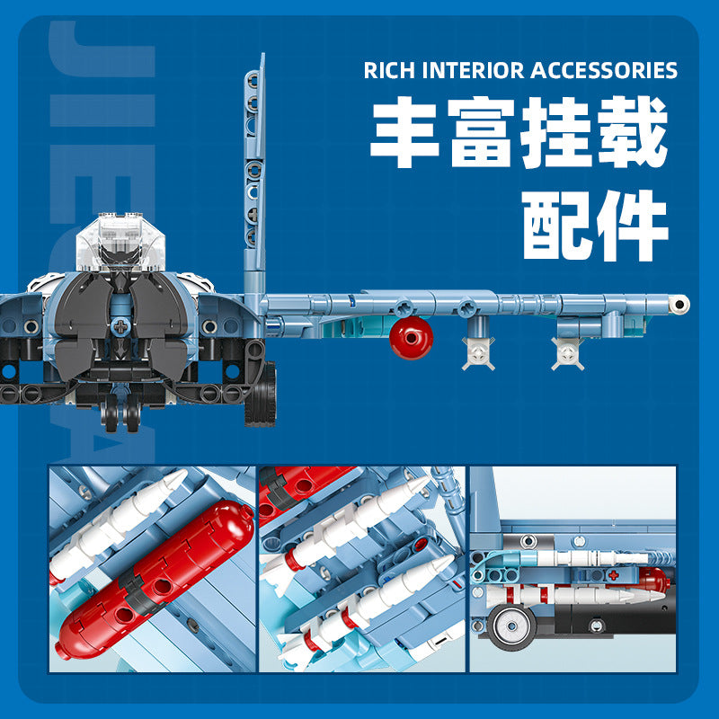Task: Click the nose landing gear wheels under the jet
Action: pos(120,413)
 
